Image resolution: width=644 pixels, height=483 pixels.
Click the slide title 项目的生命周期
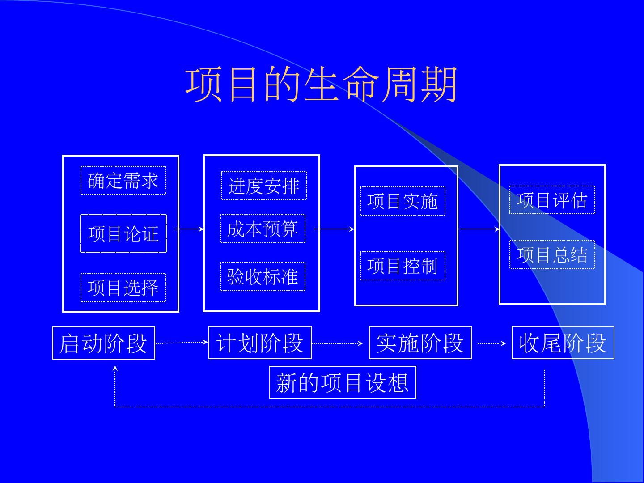(x=321, y=84)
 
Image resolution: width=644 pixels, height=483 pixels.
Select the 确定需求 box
(x=123, y=181)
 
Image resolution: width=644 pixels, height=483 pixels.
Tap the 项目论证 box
(x=123, y=233)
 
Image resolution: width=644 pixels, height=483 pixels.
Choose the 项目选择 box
(x=123, y=288)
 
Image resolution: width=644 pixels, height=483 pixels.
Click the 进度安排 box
(x=264, y=186)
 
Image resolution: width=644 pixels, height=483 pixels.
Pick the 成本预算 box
(x=263, y=229)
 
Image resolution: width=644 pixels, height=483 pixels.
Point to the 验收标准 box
(x=263, y=277)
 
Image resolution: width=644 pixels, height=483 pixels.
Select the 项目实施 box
(x=402, y=201)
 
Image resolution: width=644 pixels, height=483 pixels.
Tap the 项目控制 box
(x=402, y=266)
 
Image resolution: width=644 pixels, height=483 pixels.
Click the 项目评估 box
(x=552, y=200)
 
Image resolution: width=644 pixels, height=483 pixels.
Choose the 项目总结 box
(x=552, y=255)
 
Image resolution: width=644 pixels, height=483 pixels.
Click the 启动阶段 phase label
(x=104, y=343)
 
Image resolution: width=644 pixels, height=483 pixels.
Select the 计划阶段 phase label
(x=260, y=343)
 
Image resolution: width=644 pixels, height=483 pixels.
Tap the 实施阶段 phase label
(x=420, y=343)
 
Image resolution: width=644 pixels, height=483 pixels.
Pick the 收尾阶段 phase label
(x=563, y=343)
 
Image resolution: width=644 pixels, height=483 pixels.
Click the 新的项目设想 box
(x=343, y=382)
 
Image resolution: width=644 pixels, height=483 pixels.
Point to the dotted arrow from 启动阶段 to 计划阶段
(x=182, y=343)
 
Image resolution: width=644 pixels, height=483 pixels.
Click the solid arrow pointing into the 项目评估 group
(x=479, y=229)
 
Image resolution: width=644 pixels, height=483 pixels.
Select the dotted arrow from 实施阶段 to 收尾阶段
(x=491, y=343)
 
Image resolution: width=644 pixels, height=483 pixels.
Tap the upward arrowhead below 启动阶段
(x=115, y=369)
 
